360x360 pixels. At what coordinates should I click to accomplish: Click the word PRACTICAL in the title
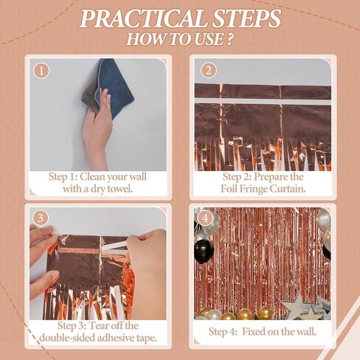pos(142,18)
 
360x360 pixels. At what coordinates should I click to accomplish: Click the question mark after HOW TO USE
pos(229,39)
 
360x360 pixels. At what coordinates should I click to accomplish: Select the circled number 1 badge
pos(41,71)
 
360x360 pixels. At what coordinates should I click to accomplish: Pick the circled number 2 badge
pos(209,71)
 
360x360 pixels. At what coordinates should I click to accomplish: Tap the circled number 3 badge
pos(41,218)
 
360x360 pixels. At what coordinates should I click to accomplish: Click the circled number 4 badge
pos(205,218)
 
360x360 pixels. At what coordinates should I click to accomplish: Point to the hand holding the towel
pos(98,128)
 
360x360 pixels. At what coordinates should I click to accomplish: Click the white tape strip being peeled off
pos(114,246)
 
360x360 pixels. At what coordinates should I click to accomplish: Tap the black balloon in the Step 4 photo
pos(204,250)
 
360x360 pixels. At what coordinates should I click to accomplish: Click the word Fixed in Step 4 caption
pos(254,332)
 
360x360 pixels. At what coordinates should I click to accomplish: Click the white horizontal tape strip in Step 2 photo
pos(263,101)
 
